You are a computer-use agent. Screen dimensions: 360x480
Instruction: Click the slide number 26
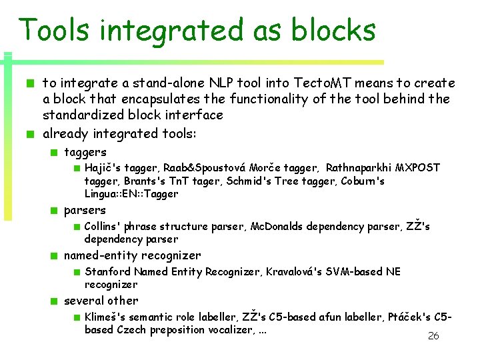[x=433, y=336]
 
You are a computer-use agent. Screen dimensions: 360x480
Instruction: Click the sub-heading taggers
[x=85, y=152]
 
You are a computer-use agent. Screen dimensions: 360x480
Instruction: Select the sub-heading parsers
[x=85, y=211]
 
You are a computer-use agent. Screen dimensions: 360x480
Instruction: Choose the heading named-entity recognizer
[x=132, y=255]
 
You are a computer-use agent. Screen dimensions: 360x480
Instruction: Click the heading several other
[x=101, y=301]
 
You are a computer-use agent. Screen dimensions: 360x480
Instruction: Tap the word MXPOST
[x=418, y=168]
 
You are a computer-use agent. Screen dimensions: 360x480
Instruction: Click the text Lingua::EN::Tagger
[x=131, y=194]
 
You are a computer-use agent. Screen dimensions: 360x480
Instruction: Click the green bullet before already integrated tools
[x=31, y=134]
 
